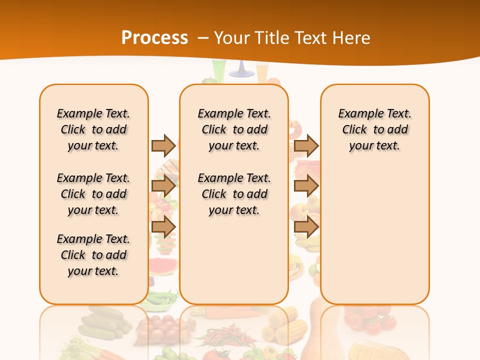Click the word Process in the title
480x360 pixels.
click(x=154, y=37)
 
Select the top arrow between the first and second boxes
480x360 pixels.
click(x=163, y=145)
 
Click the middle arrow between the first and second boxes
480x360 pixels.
click(x=163, y=186)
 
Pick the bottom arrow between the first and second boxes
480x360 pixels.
click(x=163, y=226)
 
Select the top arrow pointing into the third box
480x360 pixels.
click(x=306, y=145)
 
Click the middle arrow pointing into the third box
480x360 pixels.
click(x=306, y=186)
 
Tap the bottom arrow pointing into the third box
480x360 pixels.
click(x=306, y=226)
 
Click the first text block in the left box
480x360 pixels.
click(x=93, y=129)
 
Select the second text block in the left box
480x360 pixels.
click(x=93, y=194)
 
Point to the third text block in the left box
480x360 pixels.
click(x=93, y=255)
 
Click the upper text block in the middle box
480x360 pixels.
click(x=234, y=129)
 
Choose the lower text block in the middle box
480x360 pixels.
click(x=234, y=194)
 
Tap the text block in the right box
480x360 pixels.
click(x=374, y=129)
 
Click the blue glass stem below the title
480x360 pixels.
click(x=241, y=70)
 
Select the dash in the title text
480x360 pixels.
click(x=203, y=38)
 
